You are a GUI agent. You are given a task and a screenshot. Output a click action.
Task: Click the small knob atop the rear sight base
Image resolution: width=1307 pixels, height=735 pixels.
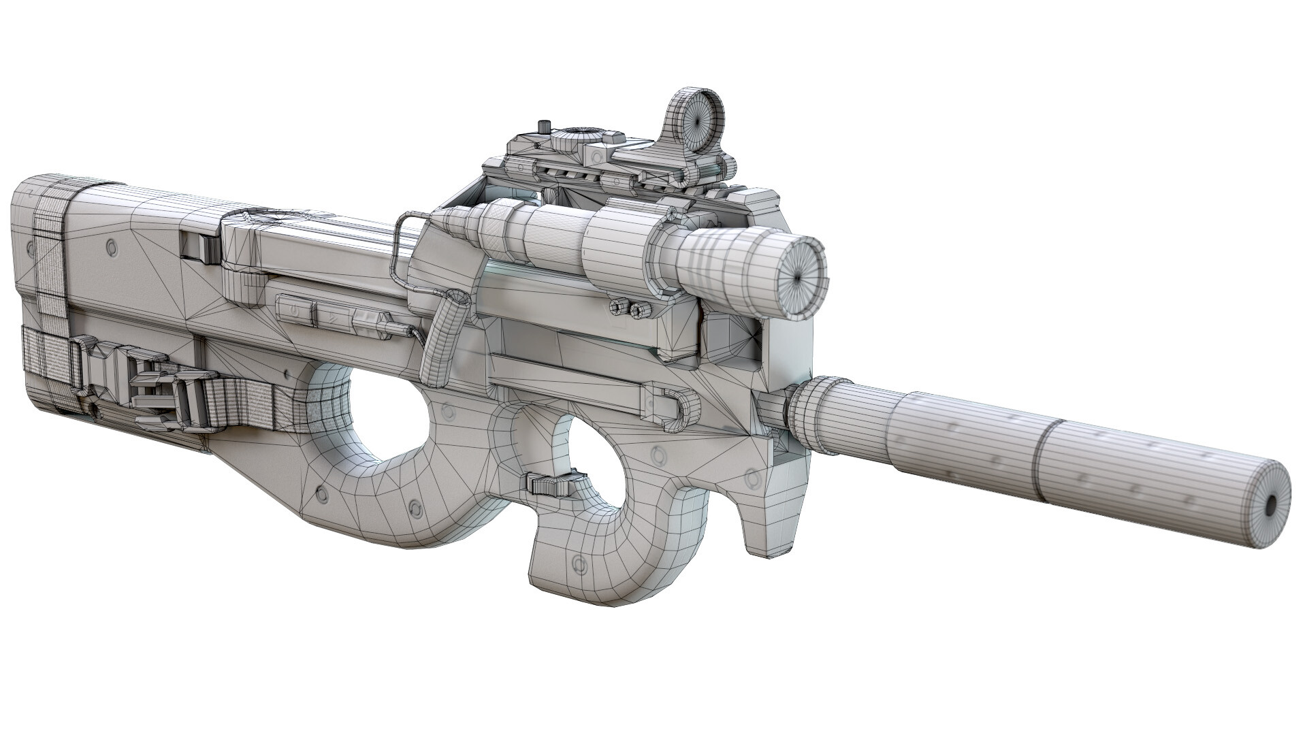(543, 126)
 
